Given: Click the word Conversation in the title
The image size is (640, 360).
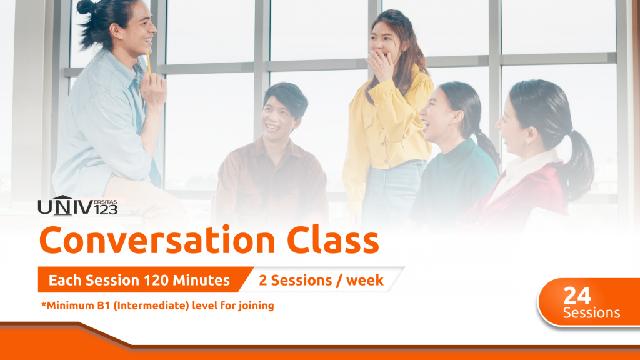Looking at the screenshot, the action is (x=157, y=240).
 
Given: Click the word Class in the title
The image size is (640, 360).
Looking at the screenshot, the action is (x=333, y=240).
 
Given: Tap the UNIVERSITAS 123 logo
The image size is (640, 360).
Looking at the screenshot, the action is (x=77, y=206).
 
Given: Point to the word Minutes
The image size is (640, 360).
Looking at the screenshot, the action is (x=201, y=281).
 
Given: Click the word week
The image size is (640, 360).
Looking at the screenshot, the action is (x=365, y=281).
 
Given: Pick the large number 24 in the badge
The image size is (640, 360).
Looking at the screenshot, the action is (x=577, y=296).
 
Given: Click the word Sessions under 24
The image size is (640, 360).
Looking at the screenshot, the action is (x=591, y=313).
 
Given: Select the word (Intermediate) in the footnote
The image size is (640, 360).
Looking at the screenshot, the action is (x=151, y=306).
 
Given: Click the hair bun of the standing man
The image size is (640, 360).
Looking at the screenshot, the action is (x=86, y=6).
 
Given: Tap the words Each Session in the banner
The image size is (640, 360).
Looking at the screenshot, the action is (x=94, y=281).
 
